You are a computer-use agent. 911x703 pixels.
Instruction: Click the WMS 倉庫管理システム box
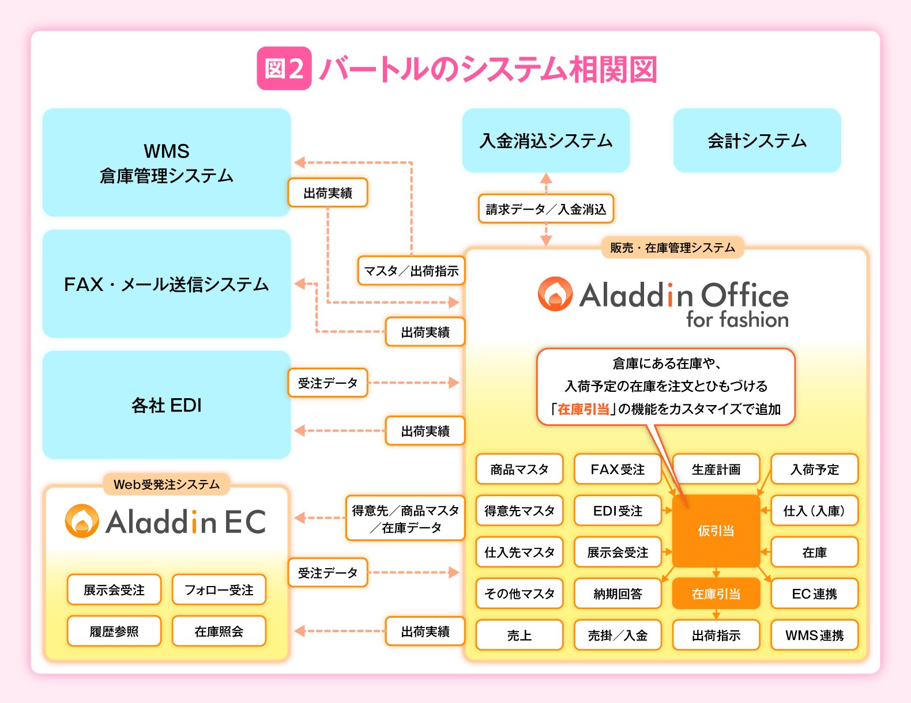click(166, 162)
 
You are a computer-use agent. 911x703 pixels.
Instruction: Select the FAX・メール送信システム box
click(166, 284)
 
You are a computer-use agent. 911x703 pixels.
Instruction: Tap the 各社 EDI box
click(166, 405)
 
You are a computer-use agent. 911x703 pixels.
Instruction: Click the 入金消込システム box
click(545, 141)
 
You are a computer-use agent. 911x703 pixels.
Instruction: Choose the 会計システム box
click(756, 141)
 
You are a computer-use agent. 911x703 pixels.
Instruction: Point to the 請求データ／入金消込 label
click(545, 209)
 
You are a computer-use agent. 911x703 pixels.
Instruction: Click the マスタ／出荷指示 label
click(411, 271)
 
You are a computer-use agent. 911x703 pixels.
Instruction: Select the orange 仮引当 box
click(716, 531)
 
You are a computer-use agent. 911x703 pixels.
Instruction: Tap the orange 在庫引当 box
click(716, 594)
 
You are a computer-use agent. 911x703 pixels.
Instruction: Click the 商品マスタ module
click(519, 469)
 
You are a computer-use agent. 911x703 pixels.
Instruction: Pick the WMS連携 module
click(814, 635)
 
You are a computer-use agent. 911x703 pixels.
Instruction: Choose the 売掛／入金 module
click(618, 635)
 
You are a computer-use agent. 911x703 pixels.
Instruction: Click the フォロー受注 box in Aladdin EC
click(219, 589)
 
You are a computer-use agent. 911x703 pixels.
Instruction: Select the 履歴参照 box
click(114, 631)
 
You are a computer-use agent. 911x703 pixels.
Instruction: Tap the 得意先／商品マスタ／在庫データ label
click(405, 518)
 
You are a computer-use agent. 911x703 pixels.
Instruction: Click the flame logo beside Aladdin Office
click(555, 294)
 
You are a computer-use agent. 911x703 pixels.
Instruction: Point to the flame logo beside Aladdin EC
click(81, 521)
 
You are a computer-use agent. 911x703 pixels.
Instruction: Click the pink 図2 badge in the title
click(284, 69)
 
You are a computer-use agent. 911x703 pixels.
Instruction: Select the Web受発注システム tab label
click(166, 484)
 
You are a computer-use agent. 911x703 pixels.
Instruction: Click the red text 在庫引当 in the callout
click(583, 409)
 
